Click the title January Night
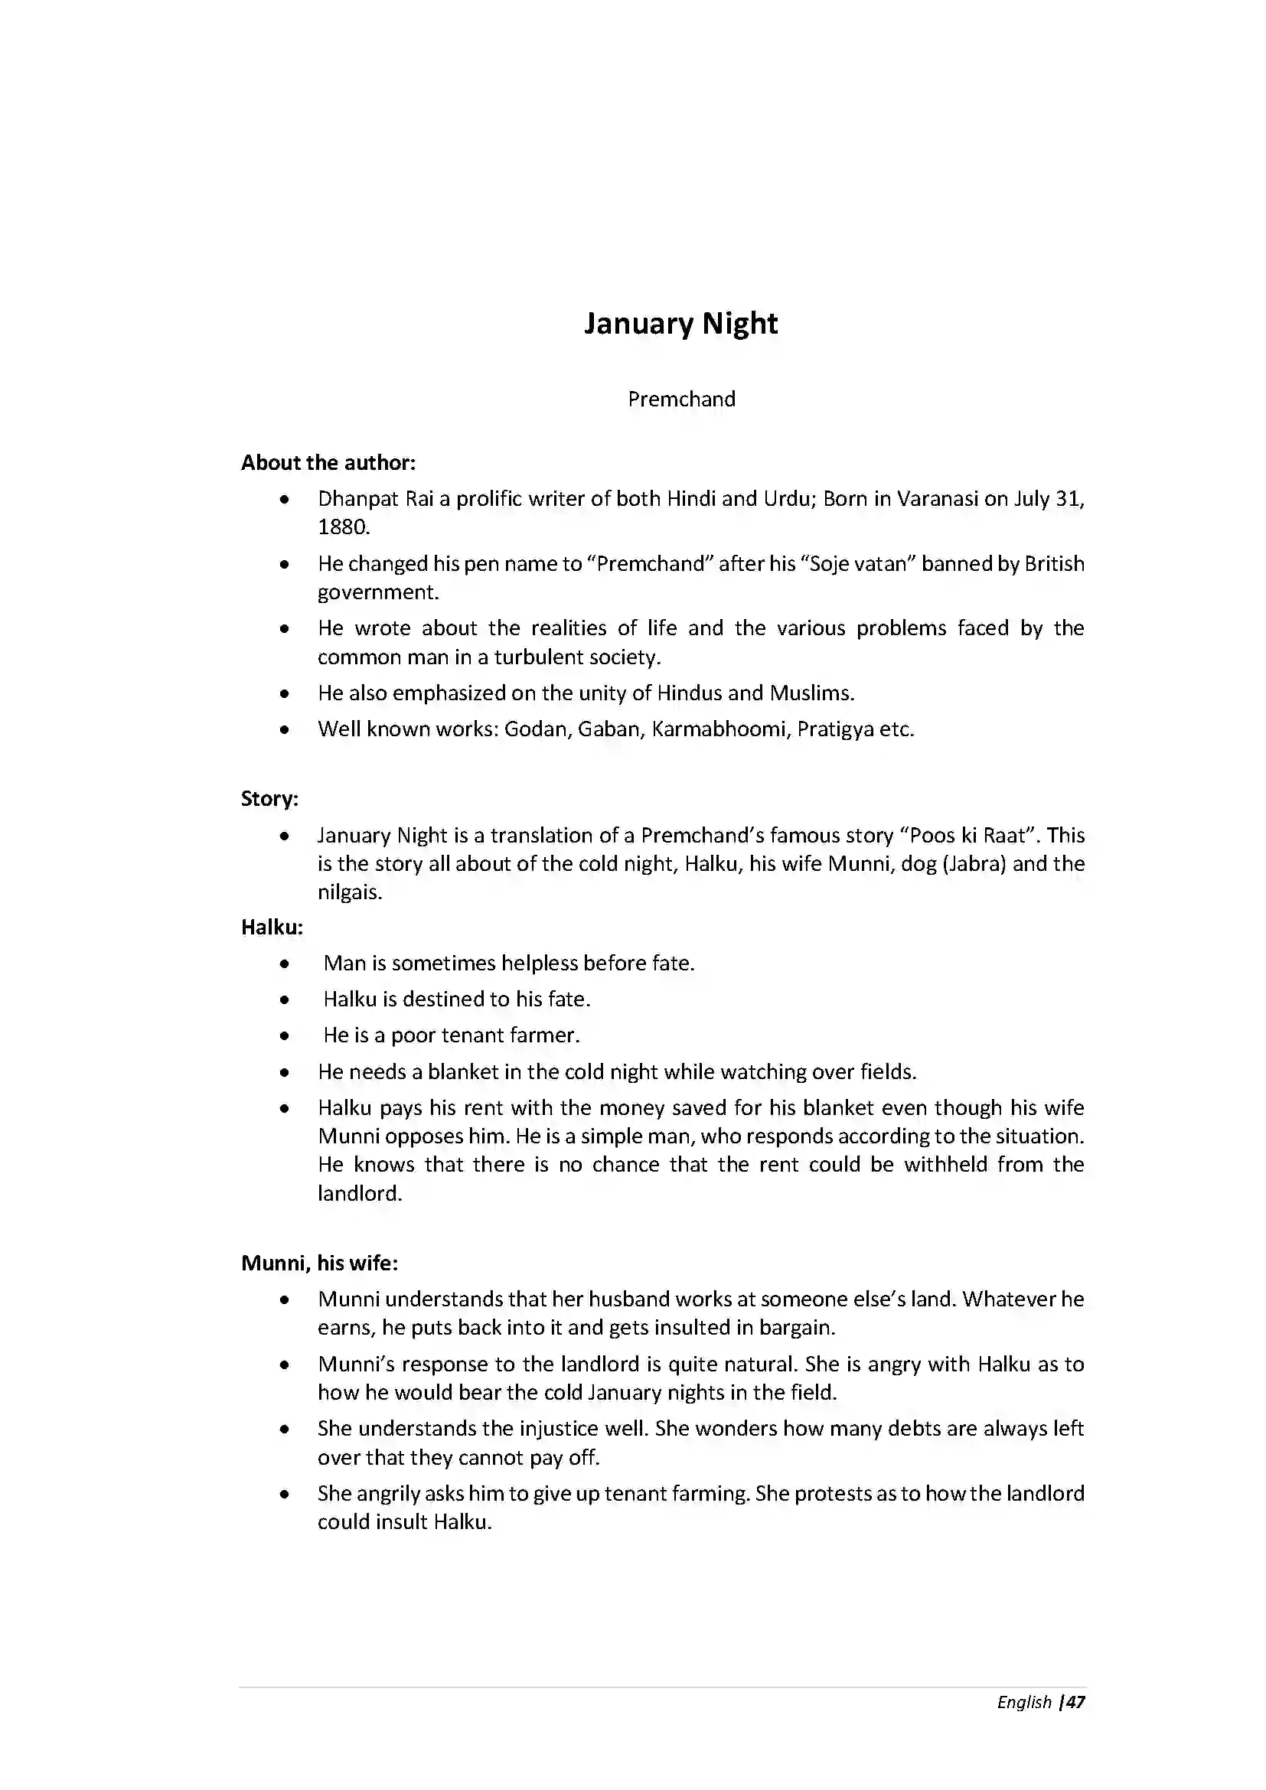(x=680, y=324)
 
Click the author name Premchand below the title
(x=681, y=399)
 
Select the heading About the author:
(x=328, y=463)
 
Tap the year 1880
(x=342, y=528)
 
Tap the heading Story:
(x=269, y=799)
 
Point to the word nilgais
(x=348, y=892)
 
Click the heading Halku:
(x=272, y=928)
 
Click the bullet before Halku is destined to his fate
(x=286, y=1000)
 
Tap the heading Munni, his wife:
(x=320, y=1263)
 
